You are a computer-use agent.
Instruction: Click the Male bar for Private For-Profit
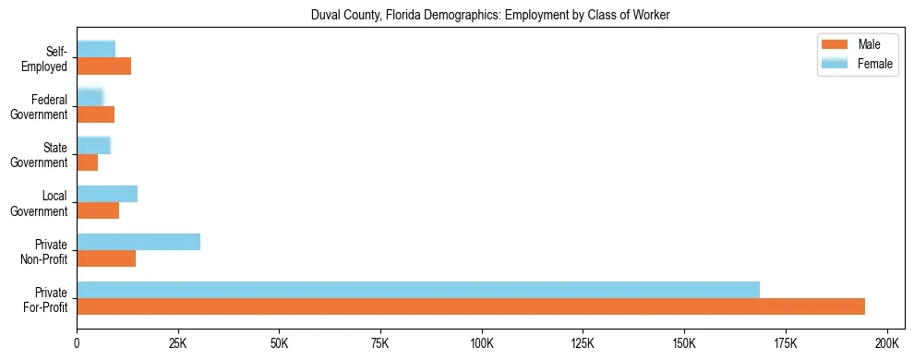[471, 306]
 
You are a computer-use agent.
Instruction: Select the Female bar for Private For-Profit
[418, 290]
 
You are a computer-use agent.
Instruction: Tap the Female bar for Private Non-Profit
[138, 242]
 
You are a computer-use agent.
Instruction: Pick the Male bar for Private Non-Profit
[106, 258]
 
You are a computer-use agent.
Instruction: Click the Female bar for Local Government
[107, 194]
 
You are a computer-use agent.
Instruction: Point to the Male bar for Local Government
[98, 210]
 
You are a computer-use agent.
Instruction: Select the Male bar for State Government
[88, 162]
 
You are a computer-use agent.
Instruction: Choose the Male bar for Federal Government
[96, 114]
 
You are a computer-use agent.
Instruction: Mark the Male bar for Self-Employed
[104, 66]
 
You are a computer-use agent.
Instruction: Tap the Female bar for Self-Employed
[96, 50]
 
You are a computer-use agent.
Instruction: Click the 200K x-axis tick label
[886, 343]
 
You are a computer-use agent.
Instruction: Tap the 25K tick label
[178, 343]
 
